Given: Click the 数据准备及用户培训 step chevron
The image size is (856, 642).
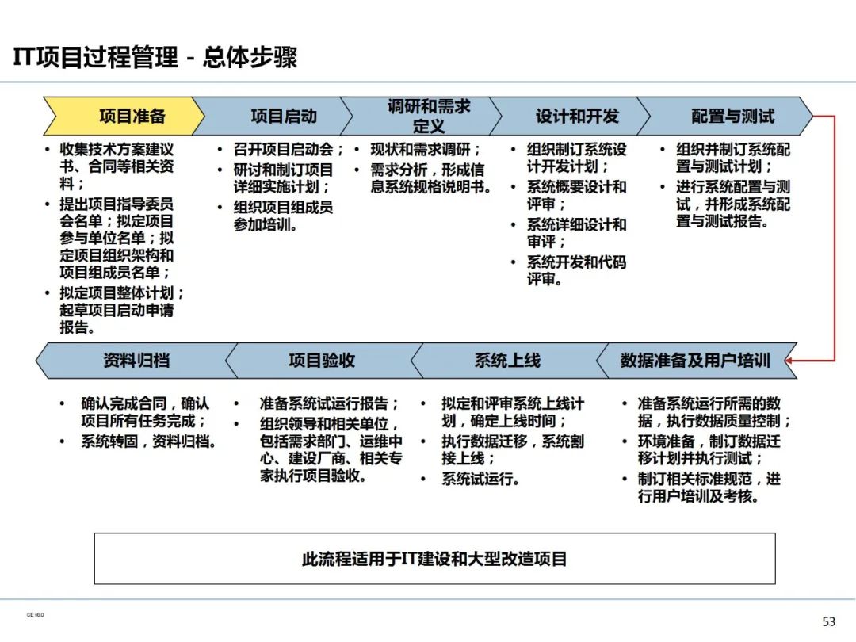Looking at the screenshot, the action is tap(694, 361).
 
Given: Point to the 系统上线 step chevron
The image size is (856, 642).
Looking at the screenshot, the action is tap(507, 361).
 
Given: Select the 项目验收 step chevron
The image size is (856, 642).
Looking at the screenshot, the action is tap(322, 361).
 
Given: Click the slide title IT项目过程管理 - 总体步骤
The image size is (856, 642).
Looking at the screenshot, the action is tap(155, 58).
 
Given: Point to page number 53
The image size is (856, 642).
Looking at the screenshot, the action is tap(829, 621).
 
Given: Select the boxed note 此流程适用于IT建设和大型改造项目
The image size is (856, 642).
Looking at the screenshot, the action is tap(434, 559).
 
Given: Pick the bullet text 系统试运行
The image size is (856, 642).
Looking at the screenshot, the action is tap(480, 479).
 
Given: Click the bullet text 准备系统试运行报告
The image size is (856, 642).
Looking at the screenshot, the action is tap(329, 403).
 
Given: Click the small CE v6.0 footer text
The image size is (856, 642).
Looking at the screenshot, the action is tap(35, 614).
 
